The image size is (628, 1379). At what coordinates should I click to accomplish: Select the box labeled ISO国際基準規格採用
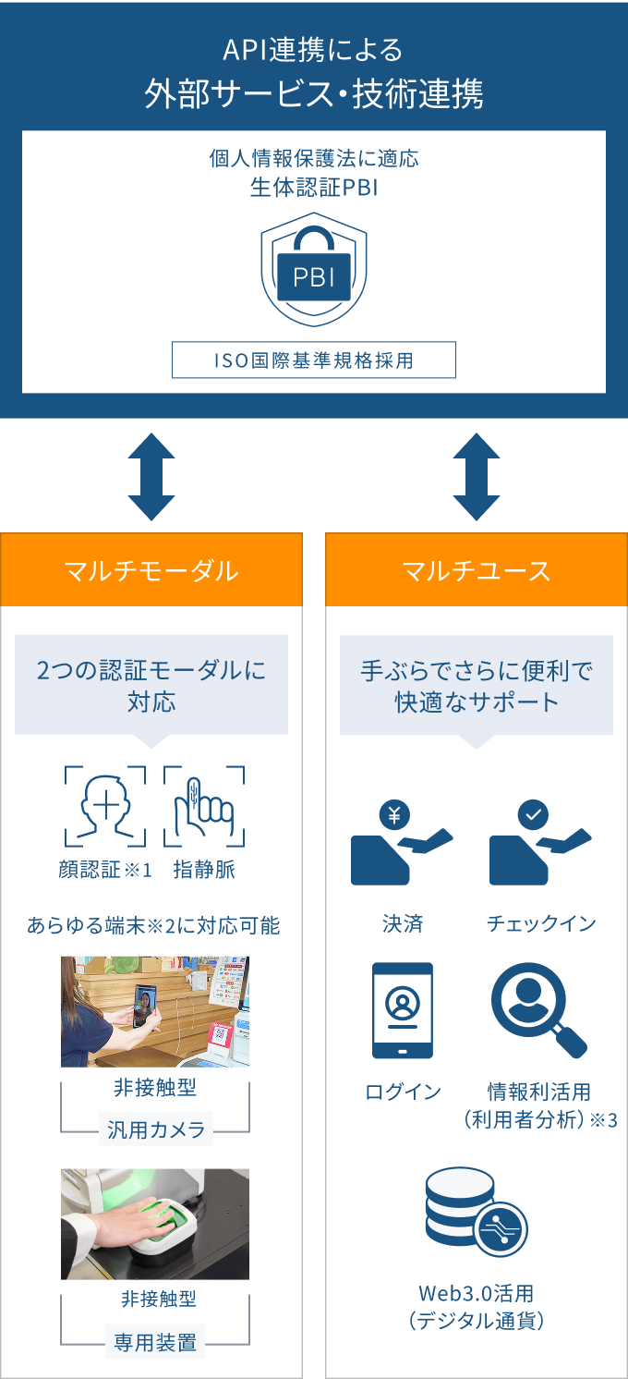pyautogui.click(x=314, y=360)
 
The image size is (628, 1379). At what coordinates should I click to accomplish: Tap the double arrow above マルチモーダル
pyautogui.click(x=151, y=476)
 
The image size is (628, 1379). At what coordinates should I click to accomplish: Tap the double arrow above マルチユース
pyautogui.click(x=477, y=476)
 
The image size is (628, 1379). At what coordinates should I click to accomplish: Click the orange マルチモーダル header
pyautogui.click(x=151, y=570)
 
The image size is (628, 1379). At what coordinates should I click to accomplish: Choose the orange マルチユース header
pyautogui.click(x=477, y=570)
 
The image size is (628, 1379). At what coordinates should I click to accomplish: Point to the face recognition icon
pyautogui.click(x=104, y=806)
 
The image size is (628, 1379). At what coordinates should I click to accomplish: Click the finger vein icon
pyautogui.click(x=204, y=806)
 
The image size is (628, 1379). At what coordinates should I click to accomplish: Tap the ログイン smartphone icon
pyautogui.click(x=402, y=1010)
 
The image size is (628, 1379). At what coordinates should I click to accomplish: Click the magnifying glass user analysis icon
pyautogui.click(x=537, y=1009)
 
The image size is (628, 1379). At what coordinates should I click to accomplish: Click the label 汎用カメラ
pyautogui.click(x=155, y=1129)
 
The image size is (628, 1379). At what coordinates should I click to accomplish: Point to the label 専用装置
pyautogui.click(x=155, y=1342)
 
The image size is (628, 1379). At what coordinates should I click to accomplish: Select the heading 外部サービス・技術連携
pyautogui.click(x=314, y=94)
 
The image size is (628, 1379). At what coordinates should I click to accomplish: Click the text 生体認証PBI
pyautogui.click(x=314, y=187)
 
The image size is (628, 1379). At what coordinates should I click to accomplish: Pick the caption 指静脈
pyautogui.click(x=204, y=870)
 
